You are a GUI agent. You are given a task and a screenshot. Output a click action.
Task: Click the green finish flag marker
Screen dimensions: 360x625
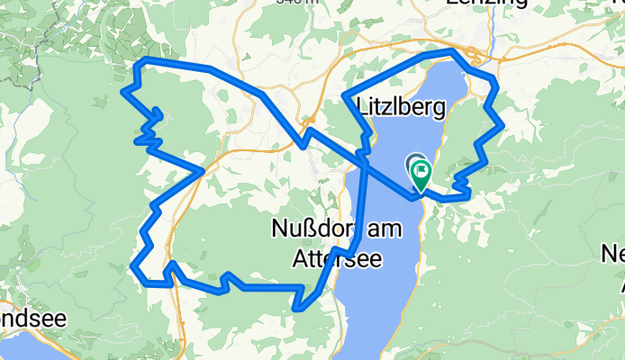(x=421, y=172)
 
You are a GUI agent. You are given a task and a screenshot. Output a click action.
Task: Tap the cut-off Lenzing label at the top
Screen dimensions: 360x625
(x=486, y=4)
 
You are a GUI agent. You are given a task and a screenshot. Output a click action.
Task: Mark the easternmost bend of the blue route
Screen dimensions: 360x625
(x=501, y=124)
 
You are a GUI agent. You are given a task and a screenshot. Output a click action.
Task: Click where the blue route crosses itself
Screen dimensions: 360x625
(x=365, y=158)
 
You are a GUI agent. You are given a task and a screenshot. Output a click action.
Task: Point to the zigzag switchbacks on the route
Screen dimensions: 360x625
(x=149, y=126)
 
